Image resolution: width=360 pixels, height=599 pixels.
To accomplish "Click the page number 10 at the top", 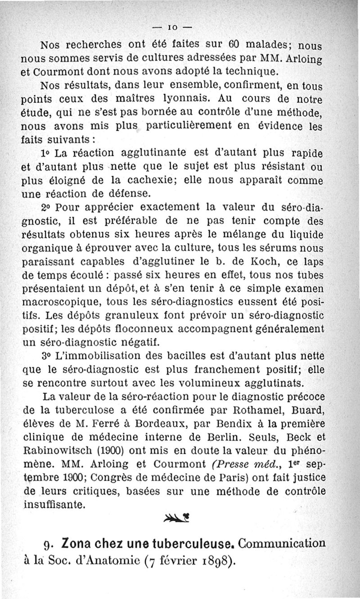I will (x=177, y=27).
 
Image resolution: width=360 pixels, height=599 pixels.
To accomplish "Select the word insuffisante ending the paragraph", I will (x=54, y=504).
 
